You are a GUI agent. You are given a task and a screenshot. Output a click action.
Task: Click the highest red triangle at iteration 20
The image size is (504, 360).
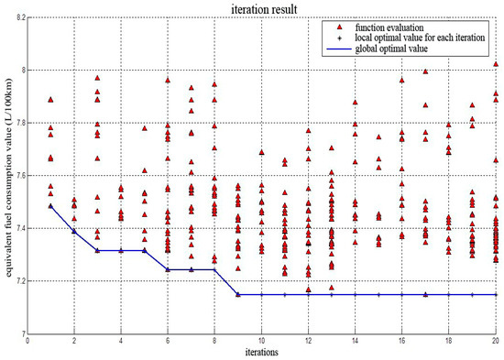pyautogui.click(x=495, y=65)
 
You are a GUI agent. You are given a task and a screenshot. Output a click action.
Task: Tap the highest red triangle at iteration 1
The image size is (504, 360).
pyautogui.click(x=51, y=99)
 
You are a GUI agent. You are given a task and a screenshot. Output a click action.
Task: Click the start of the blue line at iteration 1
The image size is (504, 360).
pyautogui.click(x=51, y=206)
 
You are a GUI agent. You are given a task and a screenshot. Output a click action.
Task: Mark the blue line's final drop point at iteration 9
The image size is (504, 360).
pyautogui.click(x=238, y=294)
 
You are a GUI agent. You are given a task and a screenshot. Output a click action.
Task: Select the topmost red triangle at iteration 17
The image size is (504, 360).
pyautogui.click(x=425, y=71)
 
